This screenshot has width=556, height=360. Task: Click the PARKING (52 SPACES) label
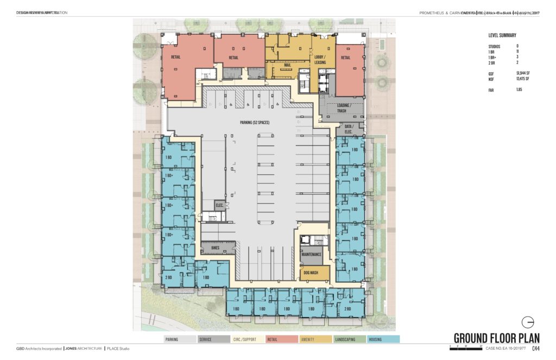(251, 123)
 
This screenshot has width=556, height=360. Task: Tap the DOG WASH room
(310, 273)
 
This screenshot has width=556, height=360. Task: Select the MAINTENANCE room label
(311, 254)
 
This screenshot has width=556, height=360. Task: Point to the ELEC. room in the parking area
(219, 205)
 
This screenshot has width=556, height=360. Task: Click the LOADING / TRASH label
(342, 108)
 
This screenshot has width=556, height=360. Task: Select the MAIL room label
(288, 65)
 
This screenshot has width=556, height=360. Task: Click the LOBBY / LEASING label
(320, 60)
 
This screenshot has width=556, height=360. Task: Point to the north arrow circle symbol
(527, 321)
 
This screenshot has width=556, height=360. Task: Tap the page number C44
(536, 349)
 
